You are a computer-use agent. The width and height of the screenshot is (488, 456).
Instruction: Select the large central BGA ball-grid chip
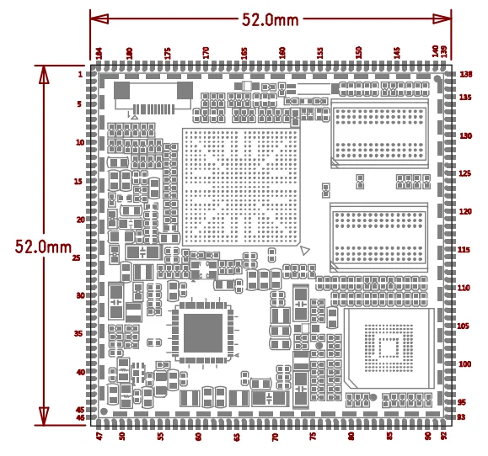[241, 188]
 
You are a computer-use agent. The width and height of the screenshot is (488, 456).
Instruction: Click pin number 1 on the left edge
[80, 75]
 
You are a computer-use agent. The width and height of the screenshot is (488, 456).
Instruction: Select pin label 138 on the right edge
[464, 75]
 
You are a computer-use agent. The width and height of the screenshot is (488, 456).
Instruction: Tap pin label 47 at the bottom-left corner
[99, 437]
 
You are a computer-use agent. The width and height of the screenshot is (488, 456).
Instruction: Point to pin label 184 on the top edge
[99, 53]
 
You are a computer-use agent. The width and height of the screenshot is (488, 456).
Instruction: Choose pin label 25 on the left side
[78, 258]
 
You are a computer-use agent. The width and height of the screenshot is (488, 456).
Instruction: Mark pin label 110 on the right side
[464, 288]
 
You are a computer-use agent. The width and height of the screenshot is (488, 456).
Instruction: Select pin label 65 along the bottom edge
[237, 437]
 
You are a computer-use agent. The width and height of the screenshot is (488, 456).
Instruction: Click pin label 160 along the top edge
[282, 52]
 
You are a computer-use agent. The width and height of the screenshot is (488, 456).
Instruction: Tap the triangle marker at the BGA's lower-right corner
[305, 250]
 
